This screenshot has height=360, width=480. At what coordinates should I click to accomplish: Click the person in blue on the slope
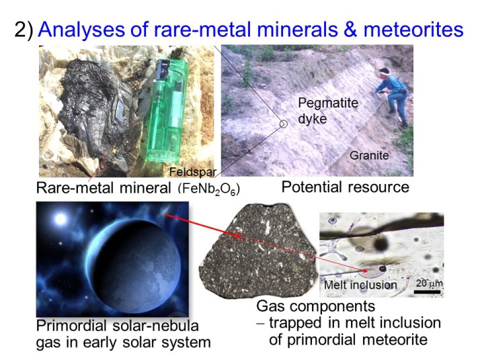click(x=392, y=95)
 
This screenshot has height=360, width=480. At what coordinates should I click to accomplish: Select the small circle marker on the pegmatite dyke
click(x=284, y=124)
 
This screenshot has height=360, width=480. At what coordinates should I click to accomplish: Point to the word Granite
click(x=369, y=155)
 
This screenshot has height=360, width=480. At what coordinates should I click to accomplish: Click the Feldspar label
click(x=193, y=172)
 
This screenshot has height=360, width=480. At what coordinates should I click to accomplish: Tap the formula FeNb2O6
click(x=209, y=189)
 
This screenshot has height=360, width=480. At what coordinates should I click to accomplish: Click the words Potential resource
click(x=346, y=187)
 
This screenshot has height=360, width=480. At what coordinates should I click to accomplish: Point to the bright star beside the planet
click(x=61, y=219)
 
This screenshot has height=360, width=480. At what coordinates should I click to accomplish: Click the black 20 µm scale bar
click(x=428, y=291)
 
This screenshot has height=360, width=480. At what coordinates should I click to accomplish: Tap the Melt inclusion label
click(x=360, y=285)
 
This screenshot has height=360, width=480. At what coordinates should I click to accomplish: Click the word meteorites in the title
click(x=413, y=30)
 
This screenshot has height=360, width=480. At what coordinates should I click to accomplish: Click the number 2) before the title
click(x=24, y=30)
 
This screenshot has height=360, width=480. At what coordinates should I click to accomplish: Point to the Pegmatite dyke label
click(x=328, y=111)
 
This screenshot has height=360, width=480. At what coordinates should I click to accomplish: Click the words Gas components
click(x=315, y=306)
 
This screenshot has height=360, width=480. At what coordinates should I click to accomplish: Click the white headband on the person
click(x=385, y=72)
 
